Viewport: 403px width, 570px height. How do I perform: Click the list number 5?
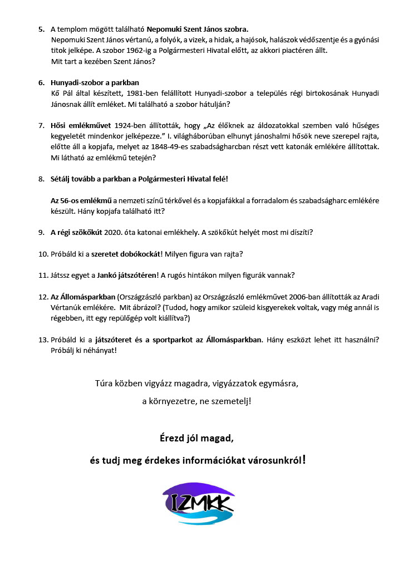click(41, 28)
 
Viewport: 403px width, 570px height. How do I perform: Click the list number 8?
click(41, 179)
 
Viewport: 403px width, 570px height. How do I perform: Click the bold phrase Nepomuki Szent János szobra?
click(194, 28)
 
